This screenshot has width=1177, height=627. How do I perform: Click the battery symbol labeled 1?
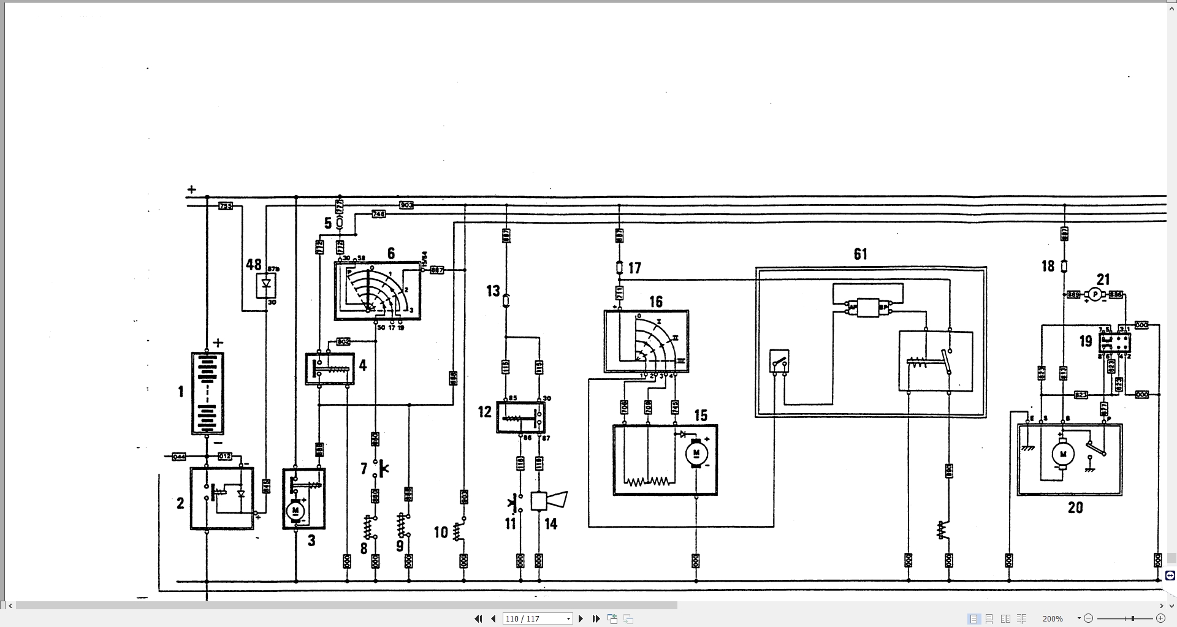[207, 393]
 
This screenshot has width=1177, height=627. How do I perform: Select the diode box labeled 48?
[266, 286]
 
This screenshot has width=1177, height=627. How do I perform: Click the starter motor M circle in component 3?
[295, 511]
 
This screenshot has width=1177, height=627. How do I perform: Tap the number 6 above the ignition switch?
[391, 253]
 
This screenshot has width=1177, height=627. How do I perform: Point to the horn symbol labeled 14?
[548, 501]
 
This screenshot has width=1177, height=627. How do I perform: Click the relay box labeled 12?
[520, 417]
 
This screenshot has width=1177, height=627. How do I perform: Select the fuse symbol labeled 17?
[619, 268]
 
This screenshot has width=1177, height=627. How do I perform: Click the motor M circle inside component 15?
[696, 454]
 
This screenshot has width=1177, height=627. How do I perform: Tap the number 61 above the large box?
[860, 254]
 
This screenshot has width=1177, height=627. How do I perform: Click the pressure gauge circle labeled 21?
[1095, 295]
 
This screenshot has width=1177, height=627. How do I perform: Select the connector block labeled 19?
[1115, 341]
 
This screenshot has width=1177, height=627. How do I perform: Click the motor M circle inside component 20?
[1063, 454]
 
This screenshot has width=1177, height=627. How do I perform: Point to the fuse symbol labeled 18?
[1064, 266]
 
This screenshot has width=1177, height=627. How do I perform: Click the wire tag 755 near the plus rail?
[226, 206]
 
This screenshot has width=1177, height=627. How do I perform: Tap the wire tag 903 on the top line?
[406, 205]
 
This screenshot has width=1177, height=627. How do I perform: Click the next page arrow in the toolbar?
[581, 618]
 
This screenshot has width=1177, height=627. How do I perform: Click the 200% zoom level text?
[1053, 618]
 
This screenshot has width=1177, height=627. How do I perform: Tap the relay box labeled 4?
[330, 368]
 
